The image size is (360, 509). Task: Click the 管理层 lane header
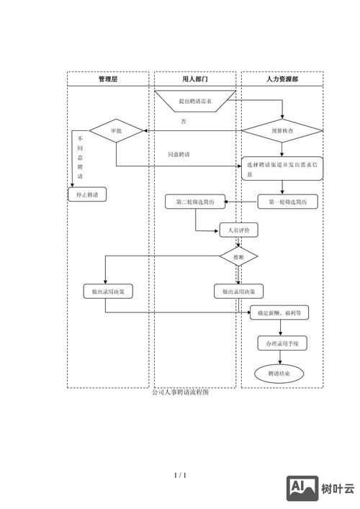108,79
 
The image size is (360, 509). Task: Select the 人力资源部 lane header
282,79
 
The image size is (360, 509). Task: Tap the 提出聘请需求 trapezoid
195,102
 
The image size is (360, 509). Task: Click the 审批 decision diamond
117,131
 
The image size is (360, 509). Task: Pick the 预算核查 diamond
282,131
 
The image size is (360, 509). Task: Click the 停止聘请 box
87,194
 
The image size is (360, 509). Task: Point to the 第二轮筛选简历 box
194,202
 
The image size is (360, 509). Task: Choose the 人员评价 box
238,230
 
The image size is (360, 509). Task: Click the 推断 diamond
238,256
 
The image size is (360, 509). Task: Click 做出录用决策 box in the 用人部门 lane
238,292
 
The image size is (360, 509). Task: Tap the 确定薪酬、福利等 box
283,313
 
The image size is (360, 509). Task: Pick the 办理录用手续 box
282,344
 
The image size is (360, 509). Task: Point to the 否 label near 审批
184,121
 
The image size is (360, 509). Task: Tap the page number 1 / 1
180,475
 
